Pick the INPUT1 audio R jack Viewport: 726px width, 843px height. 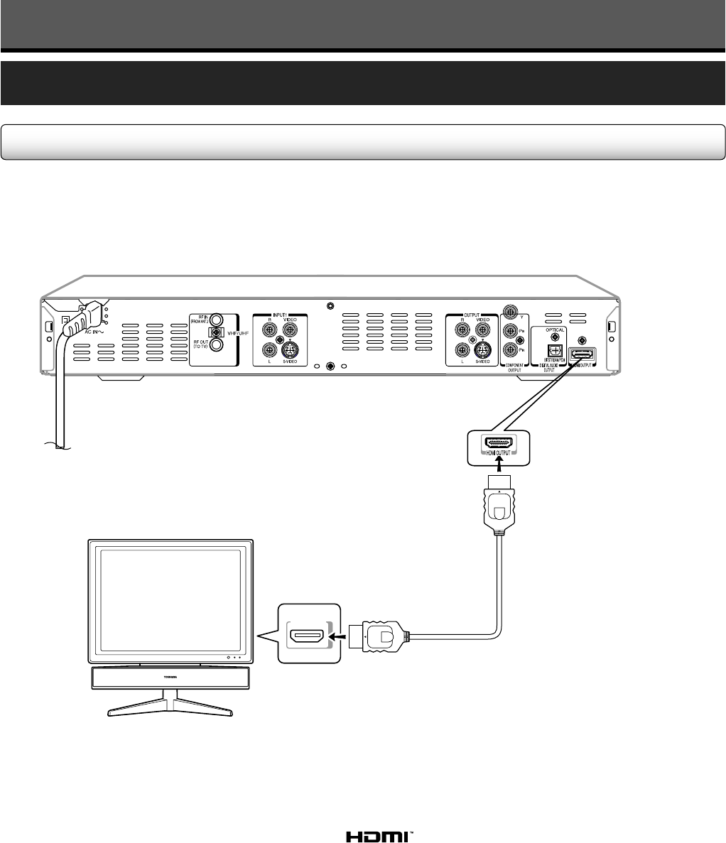point(269,329)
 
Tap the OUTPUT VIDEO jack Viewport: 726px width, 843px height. point(484,329)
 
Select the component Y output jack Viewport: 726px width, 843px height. point(509,311)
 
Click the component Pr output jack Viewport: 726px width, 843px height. point(509,349)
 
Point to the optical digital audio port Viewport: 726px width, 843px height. point(556,349)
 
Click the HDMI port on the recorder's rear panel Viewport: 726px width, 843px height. point(583,354)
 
